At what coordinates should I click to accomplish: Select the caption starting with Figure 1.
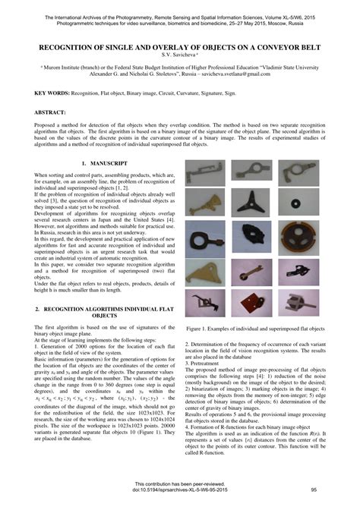point(254,328)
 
